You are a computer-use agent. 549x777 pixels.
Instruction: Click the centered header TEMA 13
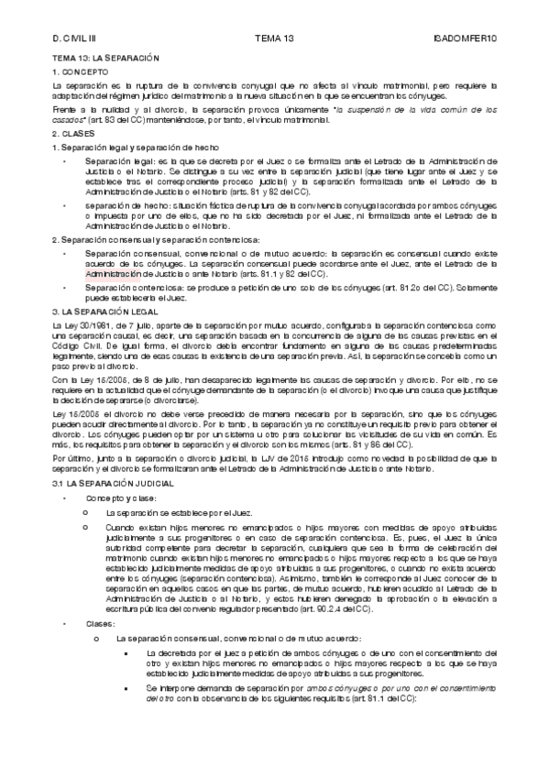(x=274, y=38)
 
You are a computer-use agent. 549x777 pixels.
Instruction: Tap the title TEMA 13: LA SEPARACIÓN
(x=100, y=57)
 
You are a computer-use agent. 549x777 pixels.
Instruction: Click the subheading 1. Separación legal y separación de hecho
(x=124, y=147)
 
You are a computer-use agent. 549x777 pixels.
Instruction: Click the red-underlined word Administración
(x=111, y=273)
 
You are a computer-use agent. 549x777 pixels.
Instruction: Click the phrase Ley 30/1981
(x=83, y=325)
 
